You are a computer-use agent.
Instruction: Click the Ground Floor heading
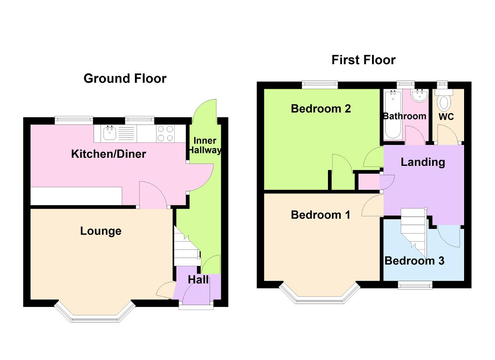(125, 78)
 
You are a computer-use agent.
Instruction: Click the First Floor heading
(363, 60)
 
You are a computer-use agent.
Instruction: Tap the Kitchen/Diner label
(109, 154)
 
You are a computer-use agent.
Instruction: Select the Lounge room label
(101, 231)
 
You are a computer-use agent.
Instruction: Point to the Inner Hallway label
(205, 145)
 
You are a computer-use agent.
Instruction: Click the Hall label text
(198, 280)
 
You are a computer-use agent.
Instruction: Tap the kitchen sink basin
(109, 133)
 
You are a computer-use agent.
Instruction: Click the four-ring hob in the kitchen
(165, 133)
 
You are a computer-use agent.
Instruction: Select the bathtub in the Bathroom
(393, 115)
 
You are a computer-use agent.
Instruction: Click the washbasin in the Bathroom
(419, 96)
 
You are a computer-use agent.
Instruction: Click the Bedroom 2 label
(321, 109)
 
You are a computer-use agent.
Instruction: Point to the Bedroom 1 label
(321, 215)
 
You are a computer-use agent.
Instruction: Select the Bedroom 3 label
(414, 261)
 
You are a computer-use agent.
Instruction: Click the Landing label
(423, 162)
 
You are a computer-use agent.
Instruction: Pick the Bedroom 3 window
(415, 285)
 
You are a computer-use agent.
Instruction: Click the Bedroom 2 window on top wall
(320, 85)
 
